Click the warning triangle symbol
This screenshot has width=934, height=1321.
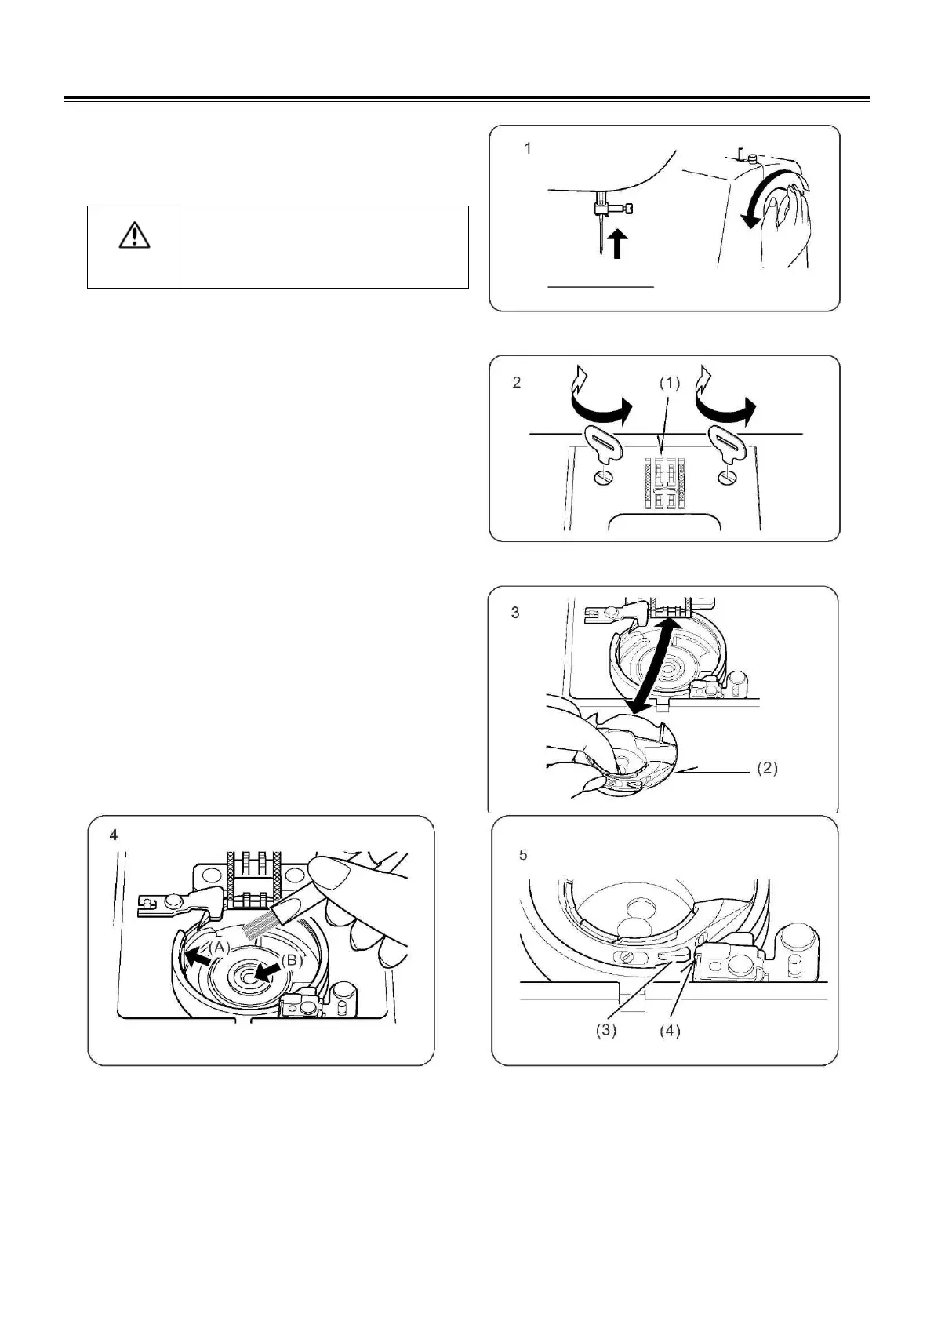(135, 235)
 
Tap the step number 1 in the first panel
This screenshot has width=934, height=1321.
(528, 148)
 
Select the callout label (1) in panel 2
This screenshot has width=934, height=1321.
(669, 384)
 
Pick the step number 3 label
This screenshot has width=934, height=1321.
(515, 613)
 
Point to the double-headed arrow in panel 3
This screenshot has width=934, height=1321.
(652, 665)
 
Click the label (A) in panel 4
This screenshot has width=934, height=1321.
(219, 947)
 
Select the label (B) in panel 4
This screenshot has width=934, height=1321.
(291, 959)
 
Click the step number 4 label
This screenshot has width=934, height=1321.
(114, 835)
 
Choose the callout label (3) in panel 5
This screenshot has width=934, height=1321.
(605, 1031)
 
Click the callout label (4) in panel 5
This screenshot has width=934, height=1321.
(669, 1031)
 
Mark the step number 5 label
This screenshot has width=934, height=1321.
(524, 855)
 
